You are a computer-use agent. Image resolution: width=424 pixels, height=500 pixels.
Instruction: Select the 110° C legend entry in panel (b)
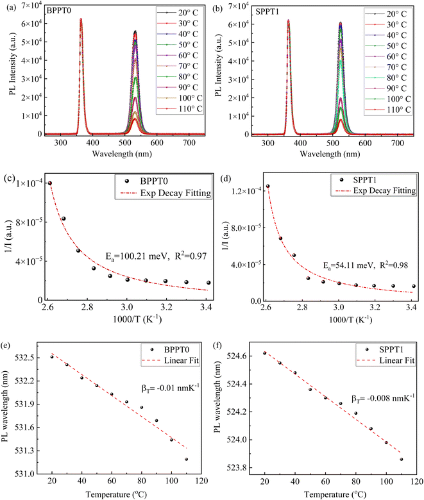(387, 110)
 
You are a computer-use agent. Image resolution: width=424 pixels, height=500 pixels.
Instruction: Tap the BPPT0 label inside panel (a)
(59, 10)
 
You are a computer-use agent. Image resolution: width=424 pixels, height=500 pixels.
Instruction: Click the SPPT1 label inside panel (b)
(267, 12)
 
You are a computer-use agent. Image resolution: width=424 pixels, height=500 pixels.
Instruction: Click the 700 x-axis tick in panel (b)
(397, 143)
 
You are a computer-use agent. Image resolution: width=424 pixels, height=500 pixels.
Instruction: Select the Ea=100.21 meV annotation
(137, 256)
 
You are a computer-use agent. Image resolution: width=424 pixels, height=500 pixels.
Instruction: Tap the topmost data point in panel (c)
(50, 183)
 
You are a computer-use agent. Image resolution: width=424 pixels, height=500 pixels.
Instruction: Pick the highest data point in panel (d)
(268, 187)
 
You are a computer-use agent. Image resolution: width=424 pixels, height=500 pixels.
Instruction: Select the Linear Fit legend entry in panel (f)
(386, 361)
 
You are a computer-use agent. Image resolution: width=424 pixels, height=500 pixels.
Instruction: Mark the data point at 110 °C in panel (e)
(186, 459)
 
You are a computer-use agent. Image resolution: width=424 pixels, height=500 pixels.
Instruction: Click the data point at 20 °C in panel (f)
(264, 353)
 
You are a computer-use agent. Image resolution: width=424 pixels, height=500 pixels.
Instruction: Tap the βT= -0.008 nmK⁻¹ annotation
(383, 398)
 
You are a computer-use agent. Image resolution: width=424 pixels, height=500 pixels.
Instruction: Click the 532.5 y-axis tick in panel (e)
(24, 358)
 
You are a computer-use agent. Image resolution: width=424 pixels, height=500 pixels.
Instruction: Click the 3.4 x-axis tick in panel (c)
(206, 307)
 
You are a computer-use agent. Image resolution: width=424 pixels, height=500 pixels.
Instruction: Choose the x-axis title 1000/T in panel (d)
(351, 319)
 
